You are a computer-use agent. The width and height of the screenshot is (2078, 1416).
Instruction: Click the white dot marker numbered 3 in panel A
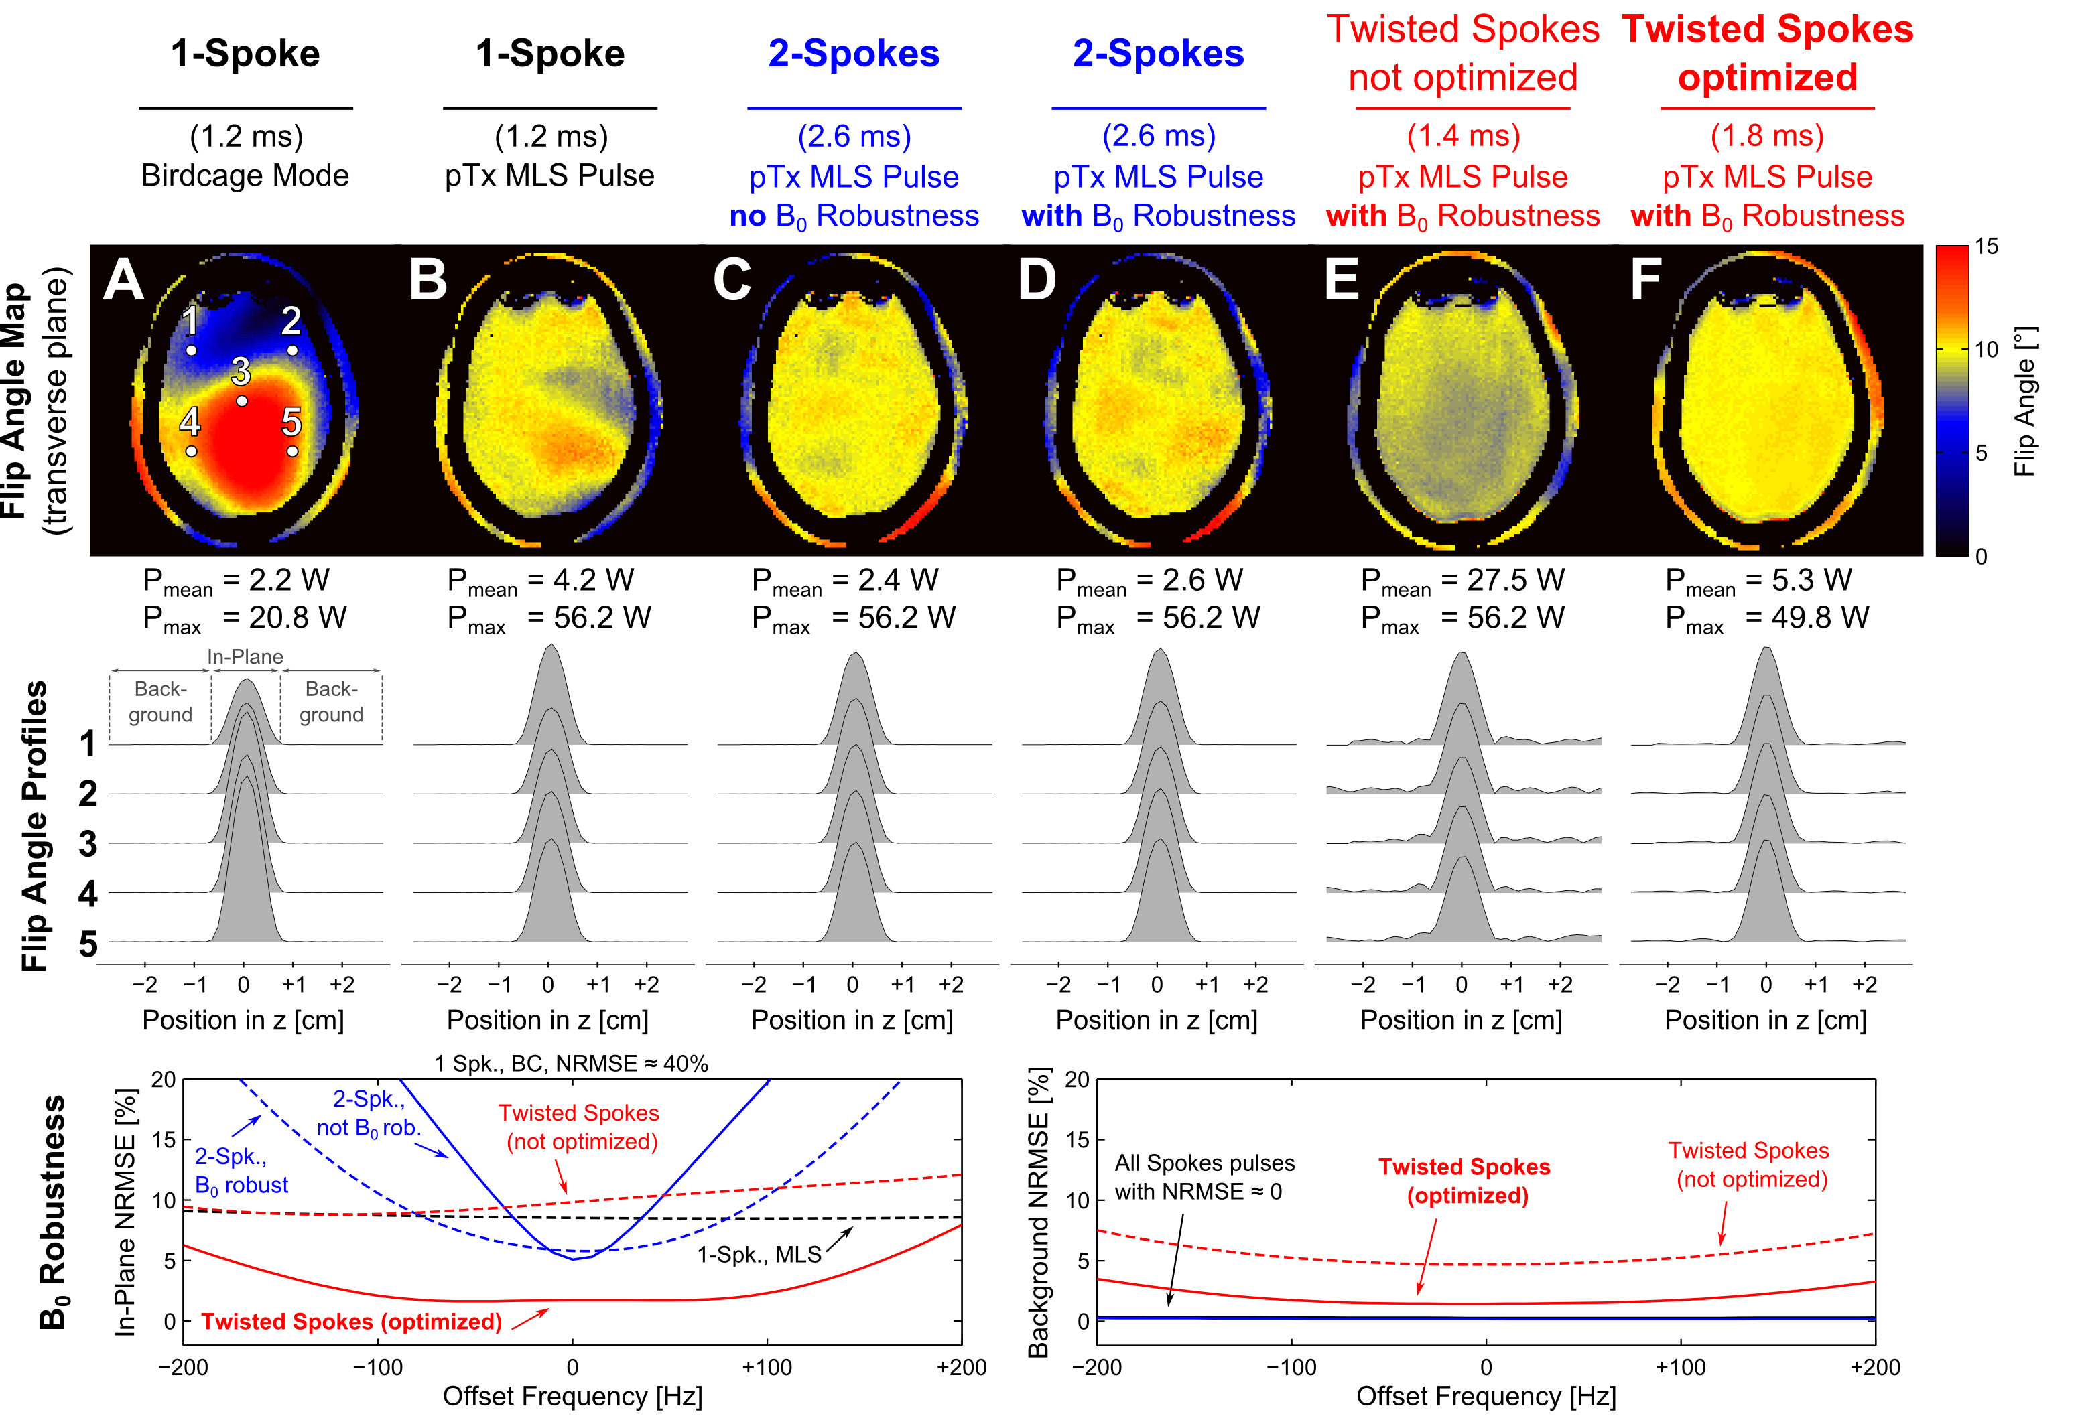[x=241, y=401]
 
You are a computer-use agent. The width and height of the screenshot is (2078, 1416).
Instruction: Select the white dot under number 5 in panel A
[x=292, y=451]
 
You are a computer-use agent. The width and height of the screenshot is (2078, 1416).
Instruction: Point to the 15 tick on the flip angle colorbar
[x=1986, y=246]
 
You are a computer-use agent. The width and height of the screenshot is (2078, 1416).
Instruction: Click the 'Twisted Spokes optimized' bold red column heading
[x=1767, y=54]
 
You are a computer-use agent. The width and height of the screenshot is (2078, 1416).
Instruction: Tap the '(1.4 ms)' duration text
[x=1463, y=136]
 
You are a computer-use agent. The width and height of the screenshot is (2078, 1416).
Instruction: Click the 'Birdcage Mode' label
[x=245, y=175]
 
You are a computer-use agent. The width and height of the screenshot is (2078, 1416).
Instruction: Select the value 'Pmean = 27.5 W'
[x=1463, y=581]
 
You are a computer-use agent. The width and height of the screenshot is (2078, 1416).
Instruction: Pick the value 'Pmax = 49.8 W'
[x=1767, y=619]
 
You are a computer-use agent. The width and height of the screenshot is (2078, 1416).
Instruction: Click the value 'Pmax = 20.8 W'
[x=245, y=619]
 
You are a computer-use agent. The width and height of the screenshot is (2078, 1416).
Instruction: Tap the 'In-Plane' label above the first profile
[x=245, y=657]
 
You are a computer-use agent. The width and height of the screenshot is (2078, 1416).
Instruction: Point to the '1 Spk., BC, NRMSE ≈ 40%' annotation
[x=572, y=1064]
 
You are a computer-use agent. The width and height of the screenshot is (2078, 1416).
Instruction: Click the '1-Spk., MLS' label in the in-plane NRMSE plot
[x=759, y=1255]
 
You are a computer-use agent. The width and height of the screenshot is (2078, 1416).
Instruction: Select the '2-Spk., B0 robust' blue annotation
[x=241, y=1171]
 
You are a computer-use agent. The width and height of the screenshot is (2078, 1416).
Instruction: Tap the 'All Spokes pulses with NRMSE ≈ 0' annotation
[x=1204, y=1178]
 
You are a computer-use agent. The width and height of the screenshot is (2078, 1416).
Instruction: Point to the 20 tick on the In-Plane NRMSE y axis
[x=164, y=1080]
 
